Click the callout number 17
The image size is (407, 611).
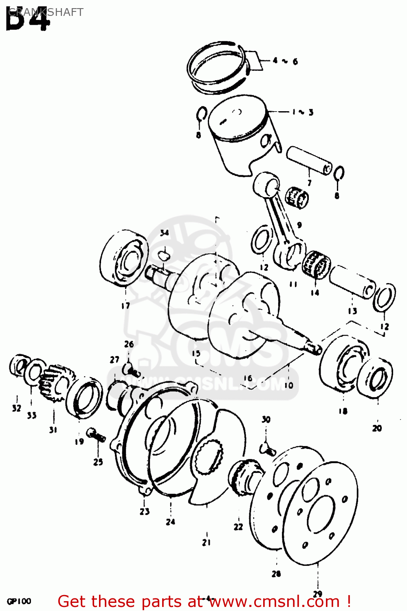(125, 305)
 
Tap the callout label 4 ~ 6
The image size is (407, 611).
(285, 61)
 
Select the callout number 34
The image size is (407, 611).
(164, 233)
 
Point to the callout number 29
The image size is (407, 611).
(318, 593)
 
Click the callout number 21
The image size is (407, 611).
(207, 542)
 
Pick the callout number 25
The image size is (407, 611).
(98, 462)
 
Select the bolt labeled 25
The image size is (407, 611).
(96, 435)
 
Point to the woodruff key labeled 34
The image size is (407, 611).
(164, 255)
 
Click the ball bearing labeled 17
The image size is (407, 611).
(124, 257)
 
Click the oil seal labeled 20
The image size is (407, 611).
(377, 378)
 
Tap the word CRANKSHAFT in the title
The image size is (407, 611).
(46, 12)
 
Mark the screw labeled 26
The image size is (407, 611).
(131, 369)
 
